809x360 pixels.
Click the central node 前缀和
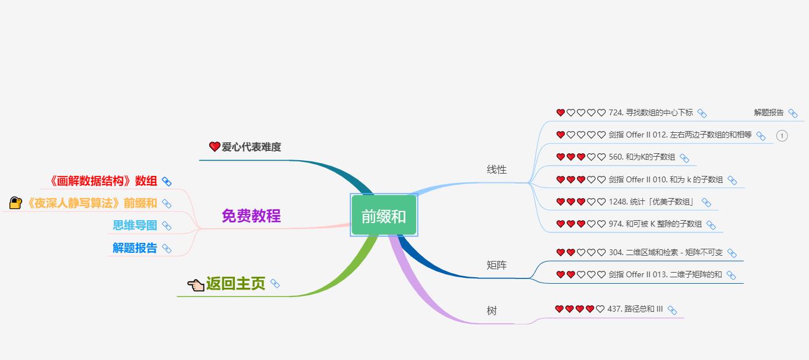[x=384, y=215]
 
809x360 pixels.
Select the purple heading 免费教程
[x=251, y=216]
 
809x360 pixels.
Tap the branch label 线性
[x=497, y=170]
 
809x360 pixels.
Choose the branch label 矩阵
[x=497, y=265]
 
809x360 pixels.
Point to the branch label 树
[x=491, y=310]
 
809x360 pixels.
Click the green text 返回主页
[x=235, y=284]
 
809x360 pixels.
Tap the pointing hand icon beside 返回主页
[x=196, y=285]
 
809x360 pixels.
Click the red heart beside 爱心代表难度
[x=214, y=146]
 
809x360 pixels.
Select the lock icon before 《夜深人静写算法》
[x=16, y=203]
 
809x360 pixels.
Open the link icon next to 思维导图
[x=167, y=225]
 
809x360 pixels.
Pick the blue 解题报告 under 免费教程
[x=135, y=248]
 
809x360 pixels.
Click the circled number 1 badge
[x=782, y=136]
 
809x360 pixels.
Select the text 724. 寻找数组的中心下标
[x=651, y=112]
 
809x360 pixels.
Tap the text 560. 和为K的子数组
[x=642, y=157]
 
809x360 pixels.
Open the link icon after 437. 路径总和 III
[x=672, y=310]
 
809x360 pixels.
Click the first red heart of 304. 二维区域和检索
[x=561, y=252]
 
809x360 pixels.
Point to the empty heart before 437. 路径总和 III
[x=600, y=309]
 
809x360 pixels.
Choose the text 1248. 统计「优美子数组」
[x=652, y=202]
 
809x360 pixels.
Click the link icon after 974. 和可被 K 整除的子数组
[x=710, y=225]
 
